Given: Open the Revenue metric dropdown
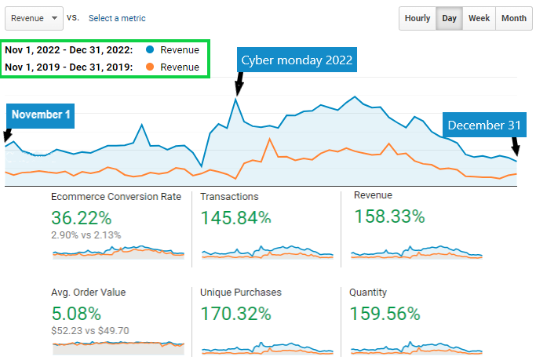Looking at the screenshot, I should [x=34, y=18].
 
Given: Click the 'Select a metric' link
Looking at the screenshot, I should [x=117, y=18].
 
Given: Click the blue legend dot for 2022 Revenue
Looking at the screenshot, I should [x=149, y=50].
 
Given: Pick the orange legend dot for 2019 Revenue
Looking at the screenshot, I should [x=149, y=67].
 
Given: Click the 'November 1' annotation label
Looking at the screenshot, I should [x=41, y=115].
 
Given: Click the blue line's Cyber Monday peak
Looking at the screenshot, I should [x=235, y=98].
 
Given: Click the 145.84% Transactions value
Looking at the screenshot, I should [x=235, y=218].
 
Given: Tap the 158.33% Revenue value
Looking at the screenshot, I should [x=389, y=216].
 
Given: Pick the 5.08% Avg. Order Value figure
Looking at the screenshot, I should [x=76, y=314].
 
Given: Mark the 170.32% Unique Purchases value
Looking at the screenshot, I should [x=235, y=314].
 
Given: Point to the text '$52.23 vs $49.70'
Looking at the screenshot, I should [x=90, y=331].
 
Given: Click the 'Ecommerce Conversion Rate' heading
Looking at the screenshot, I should [x=116, y=196].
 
